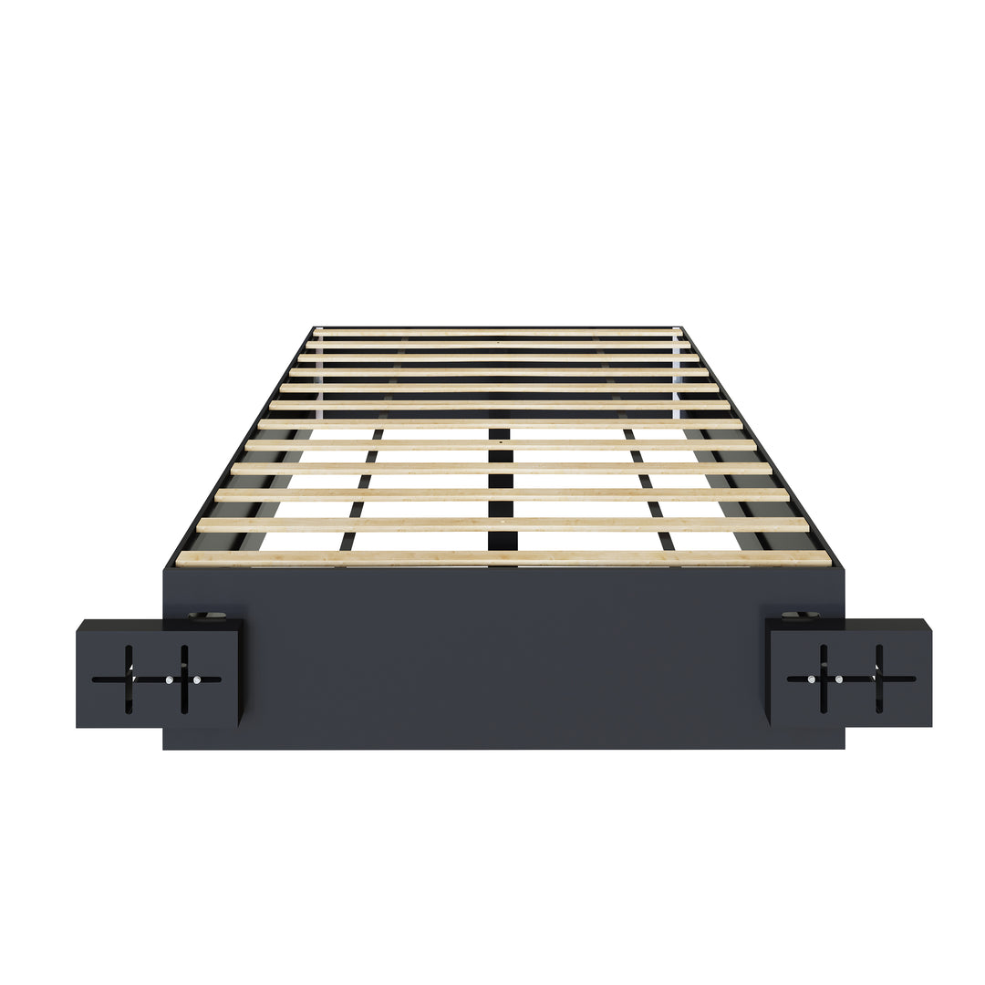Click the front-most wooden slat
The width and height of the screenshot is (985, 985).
503,558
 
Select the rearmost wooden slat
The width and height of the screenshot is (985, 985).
498,333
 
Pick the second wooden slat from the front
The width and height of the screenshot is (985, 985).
503,524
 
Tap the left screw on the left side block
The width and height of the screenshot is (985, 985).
169,679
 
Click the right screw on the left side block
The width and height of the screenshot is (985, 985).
197,679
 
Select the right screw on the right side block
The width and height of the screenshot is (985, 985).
838,679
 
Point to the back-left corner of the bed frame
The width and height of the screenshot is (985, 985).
314,327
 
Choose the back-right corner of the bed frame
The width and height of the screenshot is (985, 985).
682,327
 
